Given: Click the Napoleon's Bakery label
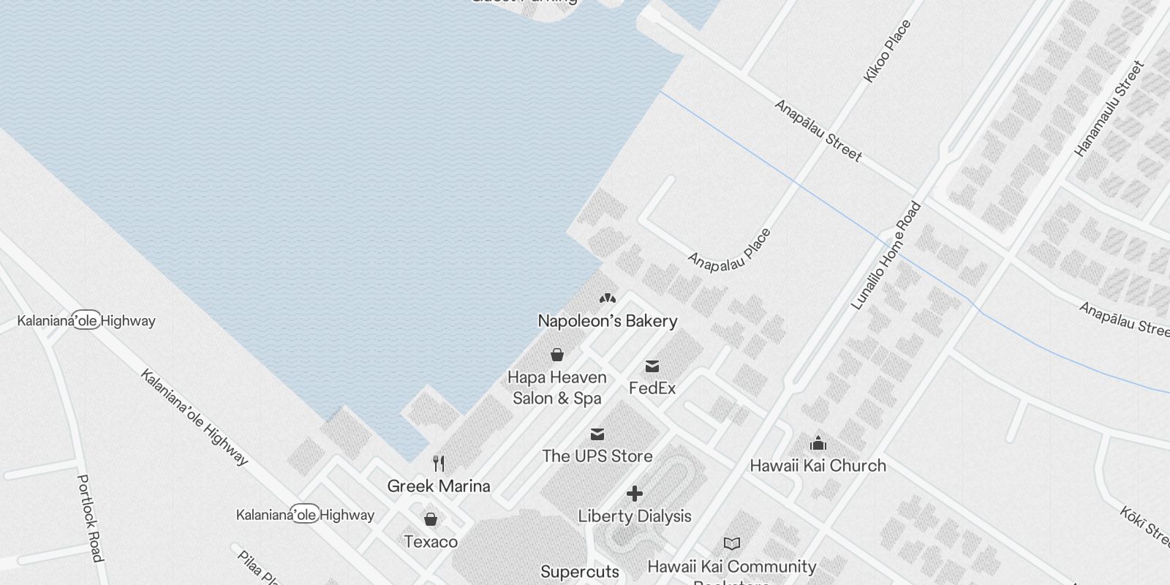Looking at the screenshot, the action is (608, 321).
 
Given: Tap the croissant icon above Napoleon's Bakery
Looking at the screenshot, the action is (607, 298).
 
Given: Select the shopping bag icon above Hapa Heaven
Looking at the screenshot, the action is (557, 355).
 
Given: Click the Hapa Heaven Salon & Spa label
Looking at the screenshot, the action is (557, 388).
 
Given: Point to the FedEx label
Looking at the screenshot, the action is (652, 388).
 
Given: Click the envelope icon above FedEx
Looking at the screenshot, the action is (652, 366).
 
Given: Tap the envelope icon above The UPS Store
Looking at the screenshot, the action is (597, 434).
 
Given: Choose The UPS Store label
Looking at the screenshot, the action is (597, 456).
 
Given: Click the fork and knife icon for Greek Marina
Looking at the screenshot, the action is (439, 463).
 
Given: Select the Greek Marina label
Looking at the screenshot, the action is (439, 486).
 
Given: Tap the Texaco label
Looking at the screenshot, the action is (431, 542).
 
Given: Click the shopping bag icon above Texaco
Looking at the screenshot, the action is (431, 519).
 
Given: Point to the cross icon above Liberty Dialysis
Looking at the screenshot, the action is (635, 494).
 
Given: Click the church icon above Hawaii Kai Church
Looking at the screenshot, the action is (818, 443).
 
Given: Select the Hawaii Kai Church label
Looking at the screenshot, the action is (818, 466).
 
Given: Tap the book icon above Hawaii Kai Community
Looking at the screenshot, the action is (732, 543).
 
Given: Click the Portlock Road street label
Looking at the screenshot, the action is (89, 518).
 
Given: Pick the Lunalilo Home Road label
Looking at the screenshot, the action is (886, 256).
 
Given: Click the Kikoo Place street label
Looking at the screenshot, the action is (888, 51).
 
